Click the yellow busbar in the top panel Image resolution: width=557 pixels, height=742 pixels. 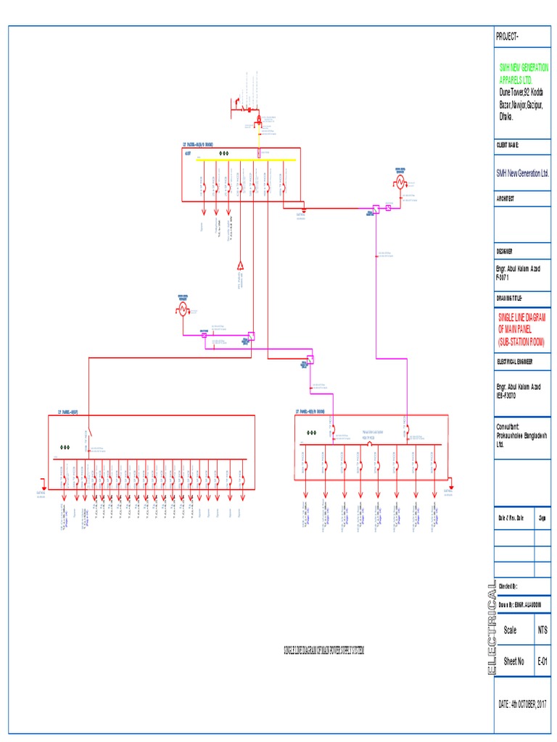pos(239,161)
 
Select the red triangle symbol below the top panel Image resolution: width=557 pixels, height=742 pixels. pos(240,265)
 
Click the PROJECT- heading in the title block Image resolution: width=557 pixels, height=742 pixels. pos(508,36)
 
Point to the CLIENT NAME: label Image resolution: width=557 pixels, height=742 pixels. pos(508,146)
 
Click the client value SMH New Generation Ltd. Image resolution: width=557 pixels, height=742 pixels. pos(522,173)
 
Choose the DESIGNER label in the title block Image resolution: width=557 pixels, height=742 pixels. pos(505,251)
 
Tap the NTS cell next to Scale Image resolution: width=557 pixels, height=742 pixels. pos(542,630)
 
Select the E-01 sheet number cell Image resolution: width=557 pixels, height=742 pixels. pos(542,662)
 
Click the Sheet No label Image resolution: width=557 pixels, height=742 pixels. pos(514,662)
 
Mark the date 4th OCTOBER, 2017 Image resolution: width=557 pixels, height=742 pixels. pos(522,704)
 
